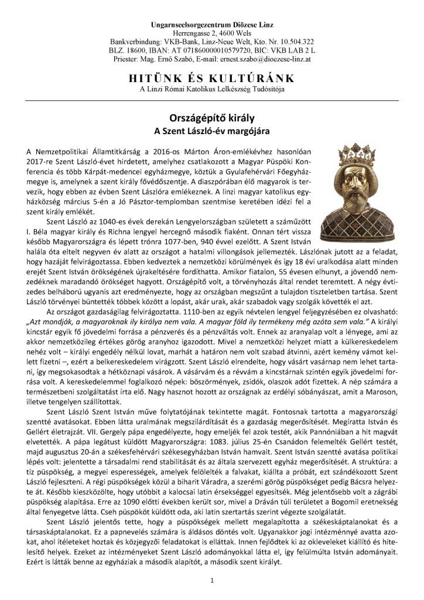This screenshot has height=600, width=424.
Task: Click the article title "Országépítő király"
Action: [x=211, y=116]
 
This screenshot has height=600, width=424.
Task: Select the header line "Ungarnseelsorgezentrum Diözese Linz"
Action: [x=211, y=26]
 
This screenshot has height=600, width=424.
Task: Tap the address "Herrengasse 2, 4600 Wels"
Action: [x=211, y=34]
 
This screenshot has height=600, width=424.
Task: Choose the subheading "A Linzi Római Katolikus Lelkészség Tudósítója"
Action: [x=211, y=89]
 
